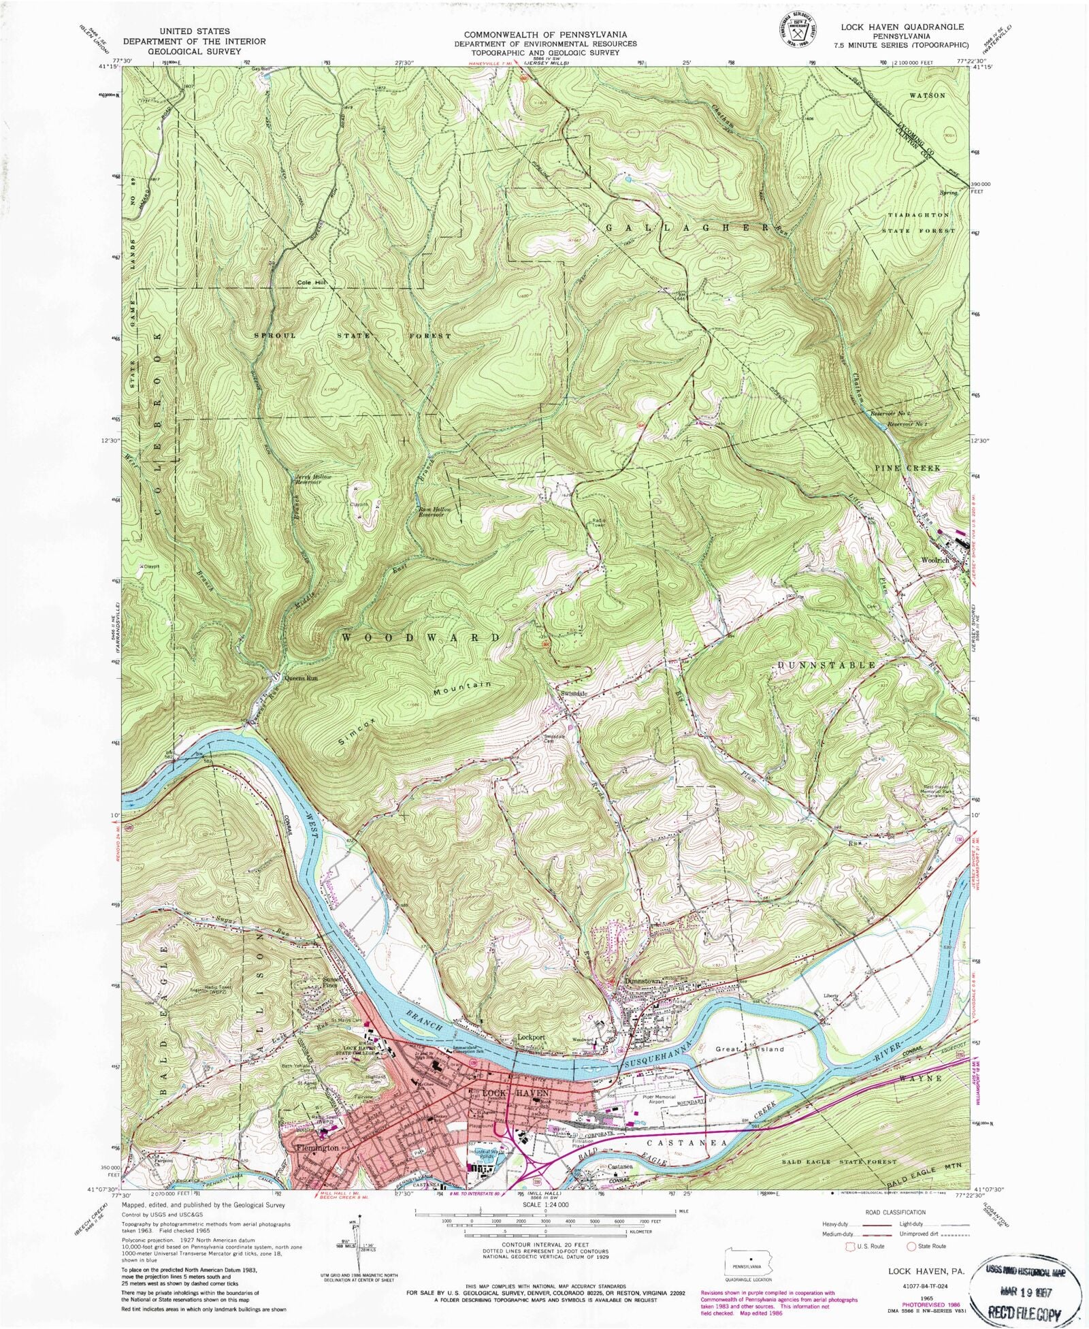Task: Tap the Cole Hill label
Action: click(x=313, y=283)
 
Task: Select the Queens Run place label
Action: click(x=302, y=679)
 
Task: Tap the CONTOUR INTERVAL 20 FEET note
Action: click(x=544, y=1243)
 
